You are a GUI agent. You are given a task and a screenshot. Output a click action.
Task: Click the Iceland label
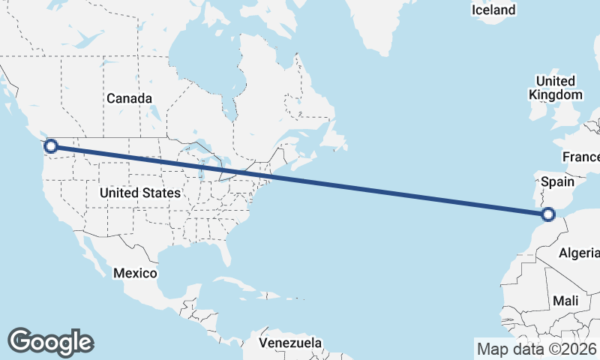[493, 10]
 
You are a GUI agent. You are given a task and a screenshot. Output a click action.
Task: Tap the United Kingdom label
[555, 88]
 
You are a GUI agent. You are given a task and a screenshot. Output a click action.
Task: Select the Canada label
[129, 98]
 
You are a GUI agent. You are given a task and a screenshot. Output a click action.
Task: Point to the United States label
[140, 193]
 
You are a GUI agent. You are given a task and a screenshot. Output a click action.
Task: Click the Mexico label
[135, 273]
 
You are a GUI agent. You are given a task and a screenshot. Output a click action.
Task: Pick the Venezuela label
[290, 343]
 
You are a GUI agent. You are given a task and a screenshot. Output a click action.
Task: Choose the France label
[582, 157]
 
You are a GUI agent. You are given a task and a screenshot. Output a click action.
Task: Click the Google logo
[50, 341]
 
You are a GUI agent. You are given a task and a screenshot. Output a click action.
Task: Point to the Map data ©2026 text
[537, 349]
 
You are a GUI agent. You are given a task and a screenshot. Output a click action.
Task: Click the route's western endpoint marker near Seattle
[51, 146]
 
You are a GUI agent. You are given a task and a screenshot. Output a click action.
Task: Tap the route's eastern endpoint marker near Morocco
[548, 214]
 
